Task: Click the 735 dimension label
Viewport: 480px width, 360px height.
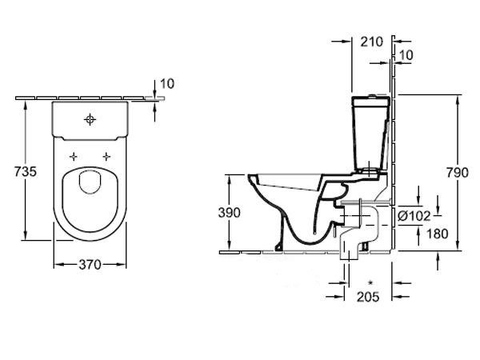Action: coord(26,172)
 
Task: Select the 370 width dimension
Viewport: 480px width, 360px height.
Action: coord(90,265)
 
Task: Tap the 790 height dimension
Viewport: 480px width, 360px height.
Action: coord(457,173)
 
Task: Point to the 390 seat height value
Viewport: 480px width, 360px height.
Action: coord(230,213)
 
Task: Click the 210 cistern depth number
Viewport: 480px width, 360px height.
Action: coord(372,42)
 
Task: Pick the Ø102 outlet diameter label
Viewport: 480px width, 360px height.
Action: coord(414,216)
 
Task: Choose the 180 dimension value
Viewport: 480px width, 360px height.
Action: coord(437,234)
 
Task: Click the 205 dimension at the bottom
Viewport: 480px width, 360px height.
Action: coord(368,296)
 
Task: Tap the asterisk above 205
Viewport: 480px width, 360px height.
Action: coord(370,282)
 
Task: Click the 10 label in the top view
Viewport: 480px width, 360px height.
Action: coord(167,83)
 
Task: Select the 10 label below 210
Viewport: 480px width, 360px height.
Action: coord(406,55)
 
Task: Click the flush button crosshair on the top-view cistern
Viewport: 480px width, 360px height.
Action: coord(90,119)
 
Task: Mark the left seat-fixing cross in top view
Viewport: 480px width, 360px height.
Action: coord(73,157)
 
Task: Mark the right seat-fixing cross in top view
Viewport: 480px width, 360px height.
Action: coord(106,157)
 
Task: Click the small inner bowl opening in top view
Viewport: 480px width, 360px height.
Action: coord(90,182)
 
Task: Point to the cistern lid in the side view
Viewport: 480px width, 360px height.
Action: coord(371,101)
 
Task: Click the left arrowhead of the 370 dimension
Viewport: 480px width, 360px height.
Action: coord(58,265)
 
